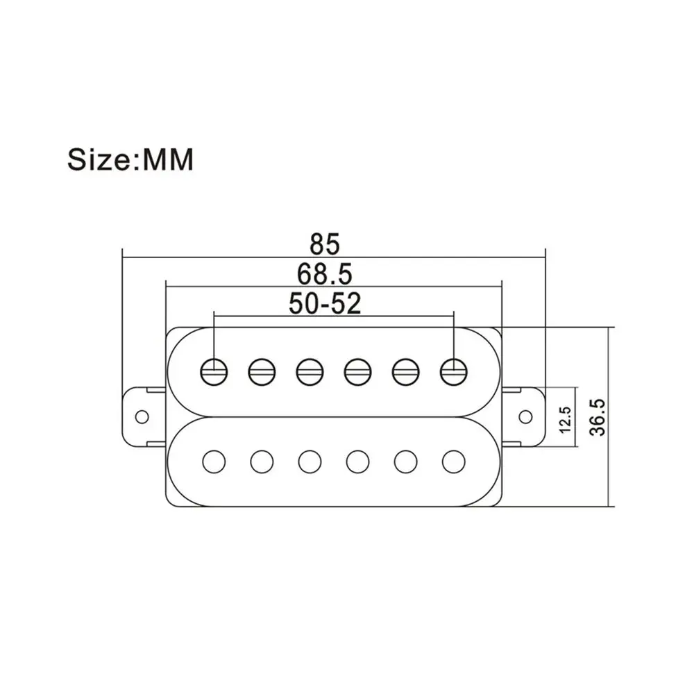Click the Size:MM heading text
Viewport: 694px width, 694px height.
pyautogui.click(x=130, y=160)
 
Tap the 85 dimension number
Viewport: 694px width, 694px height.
pyautogui.click(x=324, y=244)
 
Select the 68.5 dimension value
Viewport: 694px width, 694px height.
pyautogui.click(x=324, y=274)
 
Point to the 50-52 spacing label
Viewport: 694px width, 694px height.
pyautogui.click(x=325, y=303)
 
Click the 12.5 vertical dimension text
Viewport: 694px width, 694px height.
pyautogui.click(x=565, y=419)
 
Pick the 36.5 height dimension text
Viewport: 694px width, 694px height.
pyautogui.click(x=598, y=417)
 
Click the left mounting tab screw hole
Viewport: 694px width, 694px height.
pyautogui.click(x=142, y=416)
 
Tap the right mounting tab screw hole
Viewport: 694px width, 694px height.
pyautogui.click(x=525, y=416)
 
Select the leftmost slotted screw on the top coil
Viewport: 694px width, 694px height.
pyautogui.click(x=214, y=371)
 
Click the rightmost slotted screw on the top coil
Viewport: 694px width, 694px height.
pyautogui.click(x=454, y=371)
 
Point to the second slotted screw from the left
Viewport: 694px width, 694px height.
pyautogui.click(x=262, y=371)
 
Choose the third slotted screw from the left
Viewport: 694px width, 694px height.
pyautogui.click(x=310, y=371)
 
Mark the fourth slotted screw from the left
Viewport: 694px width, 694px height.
pyautogui.click(x=357, y=371)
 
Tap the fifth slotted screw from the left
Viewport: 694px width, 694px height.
pyautogui.click(x=405, y=371)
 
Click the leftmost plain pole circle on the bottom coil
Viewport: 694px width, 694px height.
pyautogui.click(x=214, y=462)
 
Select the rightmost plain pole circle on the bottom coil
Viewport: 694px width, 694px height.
pyautogui.click(x=454, y=462)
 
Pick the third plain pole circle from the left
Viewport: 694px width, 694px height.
pyautogui.click(x=310, y=462)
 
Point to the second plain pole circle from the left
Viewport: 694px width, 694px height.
pyautogui.click(x=262, y=462)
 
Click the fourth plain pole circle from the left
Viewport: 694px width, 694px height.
pyautogui.click(x=357, y=462)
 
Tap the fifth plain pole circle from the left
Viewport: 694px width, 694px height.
pyautogui.click(x=405, y=462)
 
